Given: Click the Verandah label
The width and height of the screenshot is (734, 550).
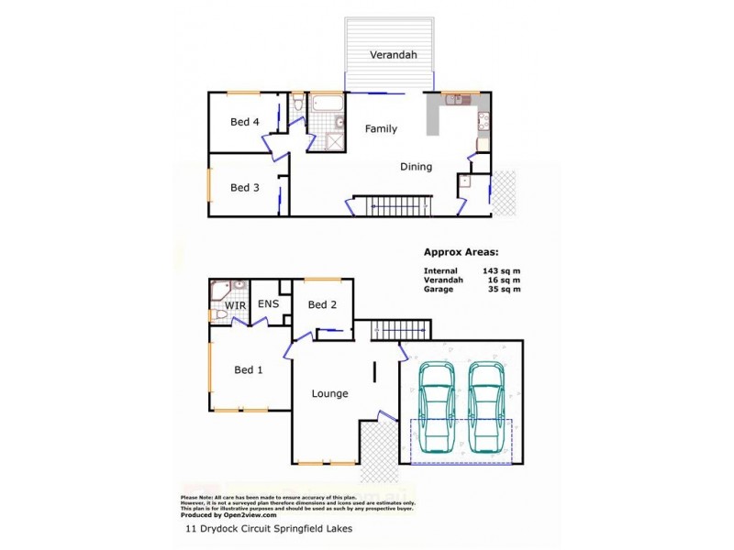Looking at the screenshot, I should [393, 55].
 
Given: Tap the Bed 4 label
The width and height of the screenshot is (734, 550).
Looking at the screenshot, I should [244, 122].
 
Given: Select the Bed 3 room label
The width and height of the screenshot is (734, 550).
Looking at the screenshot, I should [244, 188].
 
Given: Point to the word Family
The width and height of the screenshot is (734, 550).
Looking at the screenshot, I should [381, 129].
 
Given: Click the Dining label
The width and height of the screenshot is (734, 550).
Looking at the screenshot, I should [416, 167].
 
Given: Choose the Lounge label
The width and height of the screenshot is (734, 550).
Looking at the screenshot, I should [329, 394].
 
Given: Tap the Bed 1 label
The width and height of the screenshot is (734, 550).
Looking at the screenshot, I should [249, 370].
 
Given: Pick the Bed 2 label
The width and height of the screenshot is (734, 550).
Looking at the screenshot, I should [323, 305].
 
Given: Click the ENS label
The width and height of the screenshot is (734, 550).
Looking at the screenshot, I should [268, 305].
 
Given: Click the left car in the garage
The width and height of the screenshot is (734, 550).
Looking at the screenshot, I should [436, 406].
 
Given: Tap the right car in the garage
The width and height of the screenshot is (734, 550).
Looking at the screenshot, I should [486, 406].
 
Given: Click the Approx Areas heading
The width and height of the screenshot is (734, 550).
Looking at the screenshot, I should [461, 251].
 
